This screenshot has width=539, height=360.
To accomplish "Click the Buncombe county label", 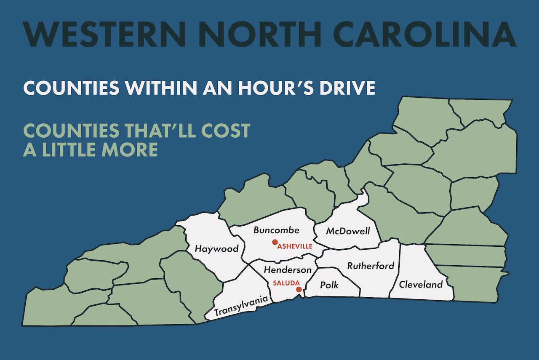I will pyautogui.click(x=276, y=230).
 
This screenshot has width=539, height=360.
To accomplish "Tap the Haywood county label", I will pyautogui.click(x=216, y=249).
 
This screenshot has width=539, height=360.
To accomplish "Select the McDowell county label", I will pyautogui.click(x=348, y=231).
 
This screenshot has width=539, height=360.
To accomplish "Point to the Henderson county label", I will pyautogui.click(x=288, y=270).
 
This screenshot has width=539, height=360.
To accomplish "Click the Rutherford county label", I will pyautogui.click(x=371, y=266).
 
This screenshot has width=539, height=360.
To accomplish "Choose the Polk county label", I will pyautogui.click(x=329, y=285).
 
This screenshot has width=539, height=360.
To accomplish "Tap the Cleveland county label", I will pyautogui.click(x=421, y=285).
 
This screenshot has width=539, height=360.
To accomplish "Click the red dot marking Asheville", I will pyautogui.click(x=275, y=242).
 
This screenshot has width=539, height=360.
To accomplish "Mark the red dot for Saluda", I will pyautogui.click(x=299, y=290).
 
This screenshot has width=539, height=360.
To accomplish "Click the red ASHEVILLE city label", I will pyautogui.click(x=295, y=246).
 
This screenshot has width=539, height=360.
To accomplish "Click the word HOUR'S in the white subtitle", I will pyautogui.click(x=285, y=87).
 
